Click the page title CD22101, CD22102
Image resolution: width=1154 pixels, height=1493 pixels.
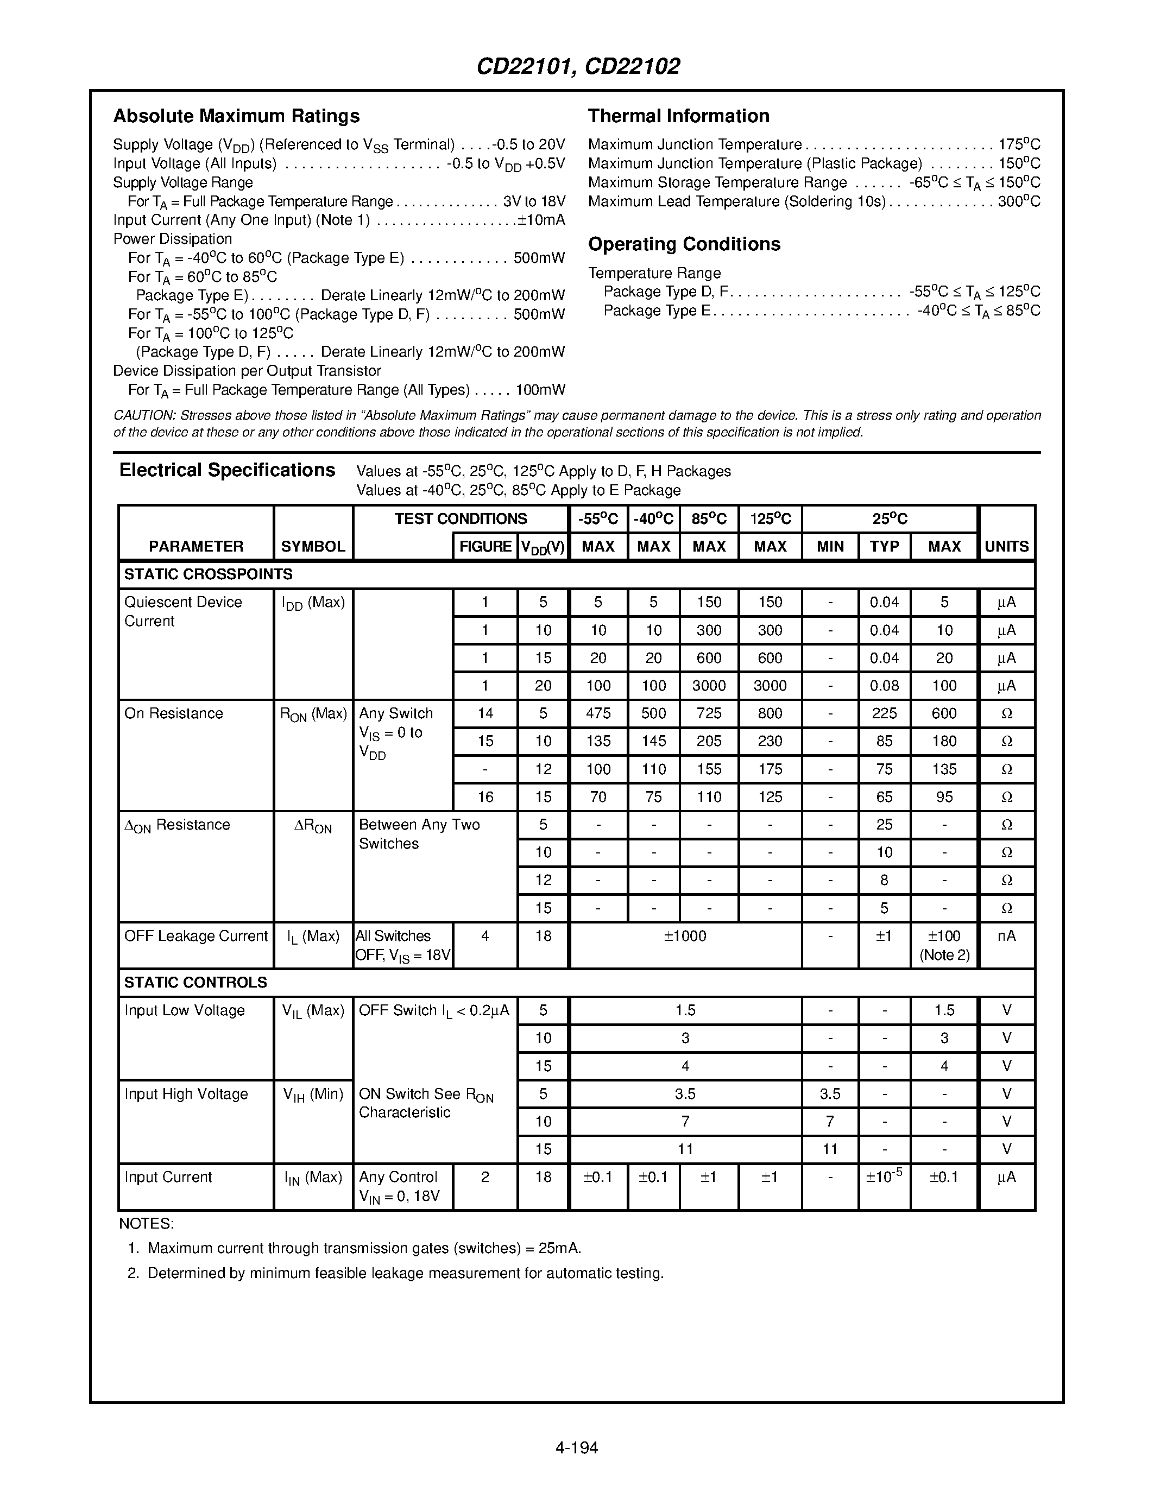tap(578, 66)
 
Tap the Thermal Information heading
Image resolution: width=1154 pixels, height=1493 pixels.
tap(678, 116)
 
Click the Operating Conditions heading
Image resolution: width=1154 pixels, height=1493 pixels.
tap(684, 244)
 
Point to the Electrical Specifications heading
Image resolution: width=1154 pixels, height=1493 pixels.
tap(227, 470)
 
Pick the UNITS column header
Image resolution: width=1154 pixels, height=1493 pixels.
tap(1006, 546)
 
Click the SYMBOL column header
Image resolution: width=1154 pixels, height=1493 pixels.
tap(312, 546)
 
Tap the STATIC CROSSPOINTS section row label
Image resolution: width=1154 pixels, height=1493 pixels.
tap(208, 574)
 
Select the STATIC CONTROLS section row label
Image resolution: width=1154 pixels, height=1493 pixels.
tap(196, 982)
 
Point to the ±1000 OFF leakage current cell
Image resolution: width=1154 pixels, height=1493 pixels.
tap(684, 936)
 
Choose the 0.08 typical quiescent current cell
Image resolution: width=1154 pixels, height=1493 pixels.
tap(884, 686)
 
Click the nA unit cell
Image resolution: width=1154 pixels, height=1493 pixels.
tap(1006, 936)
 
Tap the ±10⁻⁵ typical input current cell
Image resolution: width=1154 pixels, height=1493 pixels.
tap(884, 1177)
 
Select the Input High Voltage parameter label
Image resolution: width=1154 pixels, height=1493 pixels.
tap(186, 1094)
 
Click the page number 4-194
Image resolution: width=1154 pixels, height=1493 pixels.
tap(576, 1447)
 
